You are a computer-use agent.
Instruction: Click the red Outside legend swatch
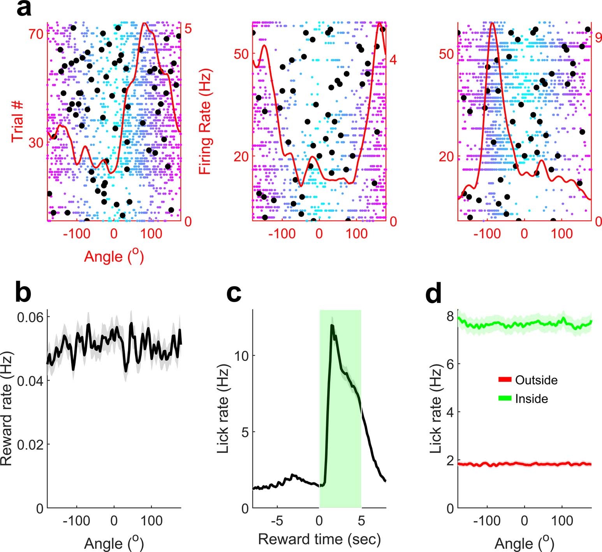pos(504,380)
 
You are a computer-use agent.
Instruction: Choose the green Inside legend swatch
pos(504,399)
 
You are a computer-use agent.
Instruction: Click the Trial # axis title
pos(18,122)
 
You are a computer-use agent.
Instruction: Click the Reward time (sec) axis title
pos(319,539)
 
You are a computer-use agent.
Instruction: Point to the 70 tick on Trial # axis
pos(37,34)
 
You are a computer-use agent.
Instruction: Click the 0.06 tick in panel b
pos(30,317)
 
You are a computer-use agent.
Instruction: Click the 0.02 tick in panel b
pos(30,444)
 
